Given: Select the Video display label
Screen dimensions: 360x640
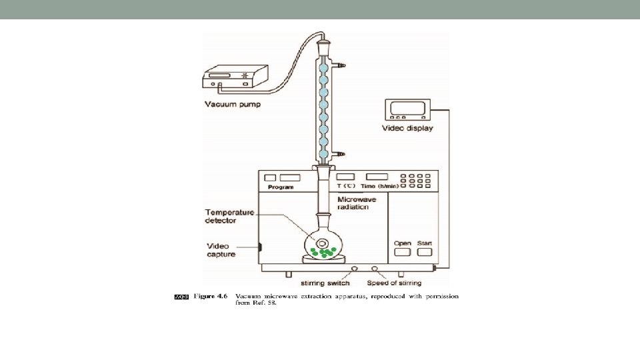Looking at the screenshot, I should [407, 128].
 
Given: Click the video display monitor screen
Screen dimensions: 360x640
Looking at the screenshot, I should [405, 109].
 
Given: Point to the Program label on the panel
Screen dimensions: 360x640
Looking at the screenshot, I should [281, 188].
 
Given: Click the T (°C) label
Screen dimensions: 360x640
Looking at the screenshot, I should [347, 187].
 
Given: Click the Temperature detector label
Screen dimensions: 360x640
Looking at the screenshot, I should [229, 216].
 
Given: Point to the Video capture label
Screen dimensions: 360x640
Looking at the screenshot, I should [221, 250].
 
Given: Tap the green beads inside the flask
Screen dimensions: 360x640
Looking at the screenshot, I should [321, 251].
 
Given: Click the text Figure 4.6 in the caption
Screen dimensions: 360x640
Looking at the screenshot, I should [211, 296].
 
